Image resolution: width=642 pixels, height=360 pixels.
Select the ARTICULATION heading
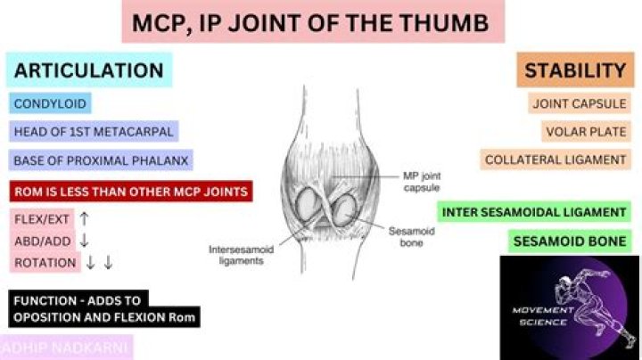pyautogui.click(x=89, y=70)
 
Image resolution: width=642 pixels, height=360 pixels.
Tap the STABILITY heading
pyautogui.click(x=575, y=70)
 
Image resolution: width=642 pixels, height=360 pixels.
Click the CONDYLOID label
pyautogui.click(x=50, y=103)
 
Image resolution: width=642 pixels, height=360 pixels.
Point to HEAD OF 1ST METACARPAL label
pyautogui.click(x=94, y=131)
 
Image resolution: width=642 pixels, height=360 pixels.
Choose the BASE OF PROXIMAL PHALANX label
pyautogui.click(x=101, y=160)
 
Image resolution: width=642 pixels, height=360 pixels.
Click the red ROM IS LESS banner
pyautogui.click(x=131, y=192)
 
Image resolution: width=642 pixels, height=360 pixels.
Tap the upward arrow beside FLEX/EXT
pyautogui.click(x=84, y=219)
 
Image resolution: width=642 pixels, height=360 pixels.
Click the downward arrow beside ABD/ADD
pyautogui.click(x=84, y=241)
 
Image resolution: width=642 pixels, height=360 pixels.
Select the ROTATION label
pyautogui.click(x=45, y=262)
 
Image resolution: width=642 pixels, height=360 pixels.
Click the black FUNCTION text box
pyautogui.click(x=104, y=309)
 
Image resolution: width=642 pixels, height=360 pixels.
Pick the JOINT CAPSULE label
pyautogui.click(x=580, y=103)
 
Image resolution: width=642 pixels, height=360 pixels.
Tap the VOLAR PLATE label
pyautogui.click(x=586, y=131)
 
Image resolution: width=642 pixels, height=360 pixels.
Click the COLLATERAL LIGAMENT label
pyautogui.click(x=556, y=160)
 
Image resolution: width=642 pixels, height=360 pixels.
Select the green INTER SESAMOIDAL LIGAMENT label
pyautogui.click(x=534, y=212)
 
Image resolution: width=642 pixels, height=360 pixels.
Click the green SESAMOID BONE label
pyautogui.click(x=570, y=241)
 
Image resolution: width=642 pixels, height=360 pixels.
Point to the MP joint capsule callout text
pyautogui.click(x=422, y=182)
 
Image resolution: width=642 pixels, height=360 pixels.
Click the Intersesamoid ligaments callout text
pyautogui.click(x=241, y=255)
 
